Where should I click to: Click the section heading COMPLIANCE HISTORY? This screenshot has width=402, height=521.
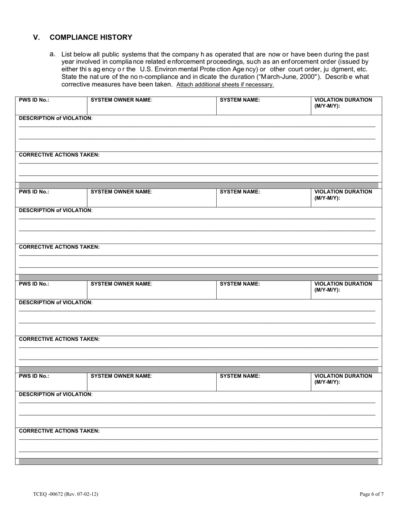click(91, 37)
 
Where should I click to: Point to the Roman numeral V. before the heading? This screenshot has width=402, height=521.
click(37, 37)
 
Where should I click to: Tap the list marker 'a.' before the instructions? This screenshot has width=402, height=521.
click(52, 54)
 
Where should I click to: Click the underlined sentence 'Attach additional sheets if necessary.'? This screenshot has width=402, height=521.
click(225, 85)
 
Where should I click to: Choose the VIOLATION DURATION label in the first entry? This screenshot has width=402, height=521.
click(343, 103)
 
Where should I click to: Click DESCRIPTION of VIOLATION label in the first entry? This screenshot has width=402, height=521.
click(56, 118)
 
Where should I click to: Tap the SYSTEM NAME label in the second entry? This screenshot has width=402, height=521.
click(240, 192)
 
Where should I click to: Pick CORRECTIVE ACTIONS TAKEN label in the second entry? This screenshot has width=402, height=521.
click(59, 247)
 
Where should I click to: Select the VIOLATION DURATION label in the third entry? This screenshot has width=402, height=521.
click(343, 287)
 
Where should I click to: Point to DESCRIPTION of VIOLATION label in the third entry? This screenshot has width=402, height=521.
click(56, 302)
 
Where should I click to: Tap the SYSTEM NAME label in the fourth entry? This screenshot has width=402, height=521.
click(240, 376)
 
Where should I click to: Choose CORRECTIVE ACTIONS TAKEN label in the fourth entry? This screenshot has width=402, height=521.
click(59, 431)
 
